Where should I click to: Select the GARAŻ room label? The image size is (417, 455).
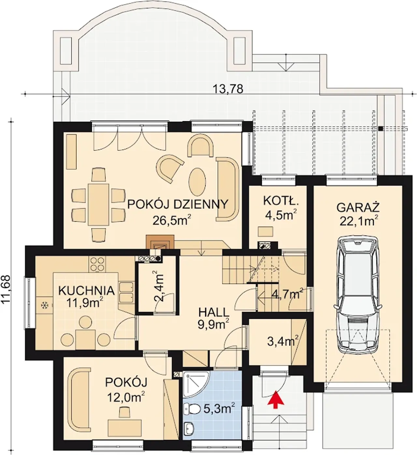coord(358,208)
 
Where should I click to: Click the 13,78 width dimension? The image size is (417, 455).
coord(228,89)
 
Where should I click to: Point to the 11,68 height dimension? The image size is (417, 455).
coord(6,289)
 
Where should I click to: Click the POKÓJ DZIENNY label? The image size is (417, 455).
coord(178,204)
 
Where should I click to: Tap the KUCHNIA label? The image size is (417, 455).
coord(86,291)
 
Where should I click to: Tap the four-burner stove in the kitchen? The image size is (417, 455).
coord(97,264)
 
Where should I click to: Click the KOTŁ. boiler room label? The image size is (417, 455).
coord(281,201)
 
